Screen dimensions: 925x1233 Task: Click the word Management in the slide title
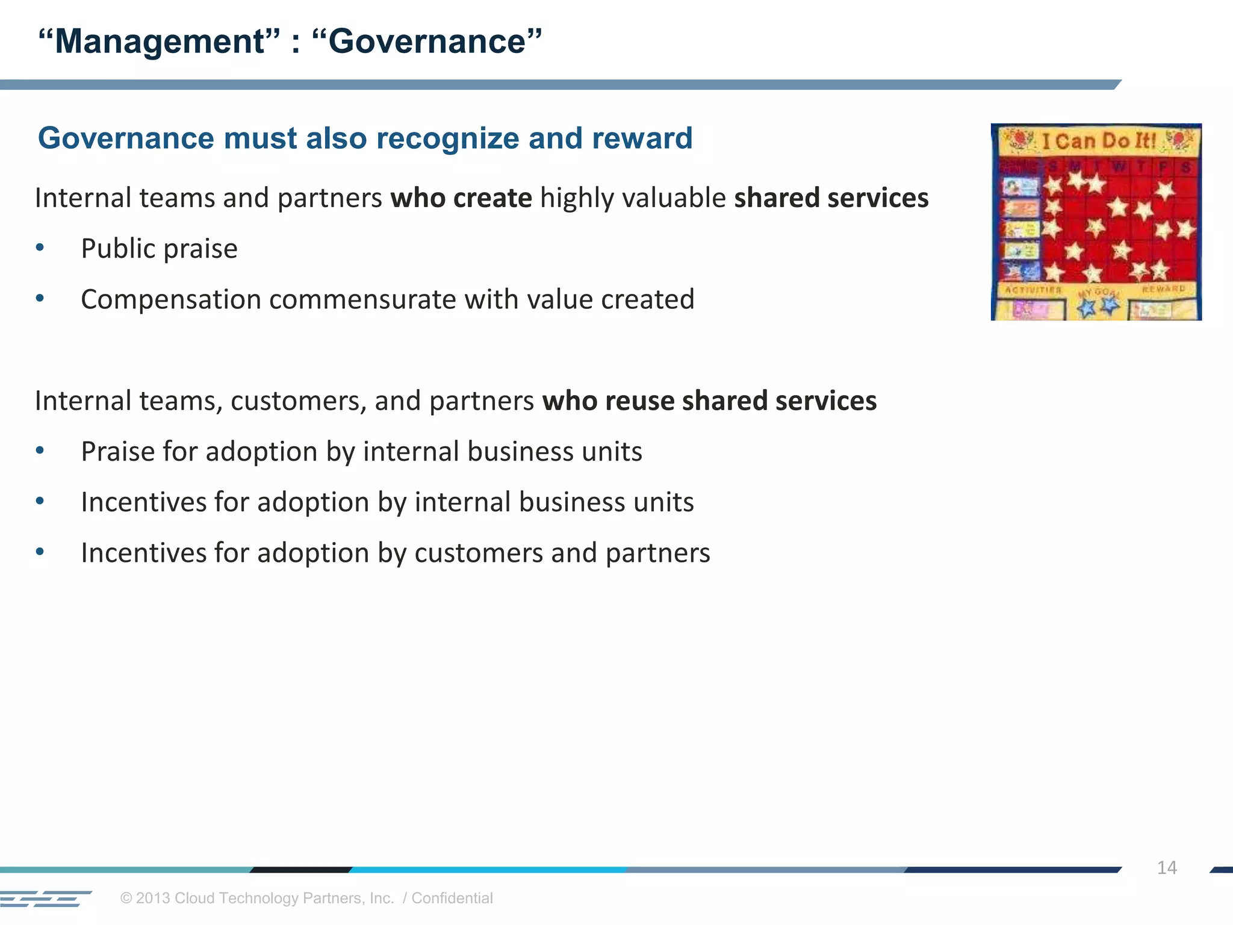coord(159,42)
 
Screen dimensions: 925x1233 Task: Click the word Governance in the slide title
coord(427,42)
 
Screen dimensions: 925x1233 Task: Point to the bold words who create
coord(461,198)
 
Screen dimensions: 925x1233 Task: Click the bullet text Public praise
coord(159,249)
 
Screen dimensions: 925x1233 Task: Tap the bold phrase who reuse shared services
coord(709,401)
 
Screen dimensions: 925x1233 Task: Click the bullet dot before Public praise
coord(40,248)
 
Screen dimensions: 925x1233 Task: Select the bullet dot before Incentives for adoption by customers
coord(40,552)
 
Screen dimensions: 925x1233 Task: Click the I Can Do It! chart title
coord(1098,141)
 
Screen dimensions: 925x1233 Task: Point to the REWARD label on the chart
coord(1163,289)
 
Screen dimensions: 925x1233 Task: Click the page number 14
coord(1166,868)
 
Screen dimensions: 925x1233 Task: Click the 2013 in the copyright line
coord(153,899)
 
